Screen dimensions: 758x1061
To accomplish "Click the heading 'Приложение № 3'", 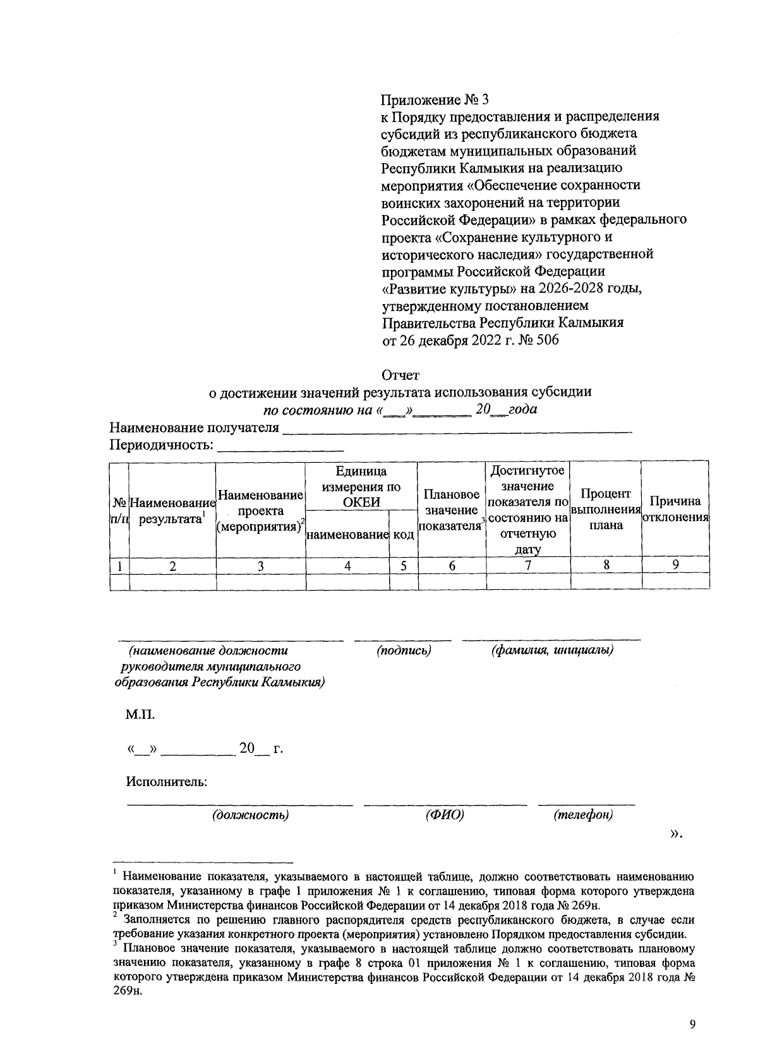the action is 435,100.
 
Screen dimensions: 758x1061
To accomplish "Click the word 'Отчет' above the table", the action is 400,376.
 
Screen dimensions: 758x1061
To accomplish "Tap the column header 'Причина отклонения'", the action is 675,510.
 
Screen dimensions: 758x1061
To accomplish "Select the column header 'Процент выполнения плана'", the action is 606,510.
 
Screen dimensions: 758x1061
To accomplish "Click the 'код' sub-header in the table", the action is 404,535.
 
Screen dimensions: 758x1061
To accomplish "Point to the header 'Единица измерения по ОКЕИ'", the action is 361,487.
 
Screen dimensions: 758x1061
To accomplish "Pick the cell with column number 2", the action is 172,566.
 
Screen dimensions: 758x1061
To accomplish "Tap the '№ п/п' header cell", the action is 119,510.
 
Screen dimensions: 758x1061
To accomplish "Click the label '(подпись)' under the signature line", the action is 404,650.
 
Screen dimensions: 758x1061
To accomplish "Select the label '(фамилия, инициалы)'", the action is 552,650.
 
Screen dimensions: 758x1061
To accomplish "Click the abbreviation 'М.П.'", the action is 140,715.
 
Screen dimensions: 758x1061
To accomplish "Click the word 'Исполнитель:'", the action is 167,782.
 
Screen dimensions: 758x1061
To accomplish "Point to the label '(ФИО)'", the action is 445,815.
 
